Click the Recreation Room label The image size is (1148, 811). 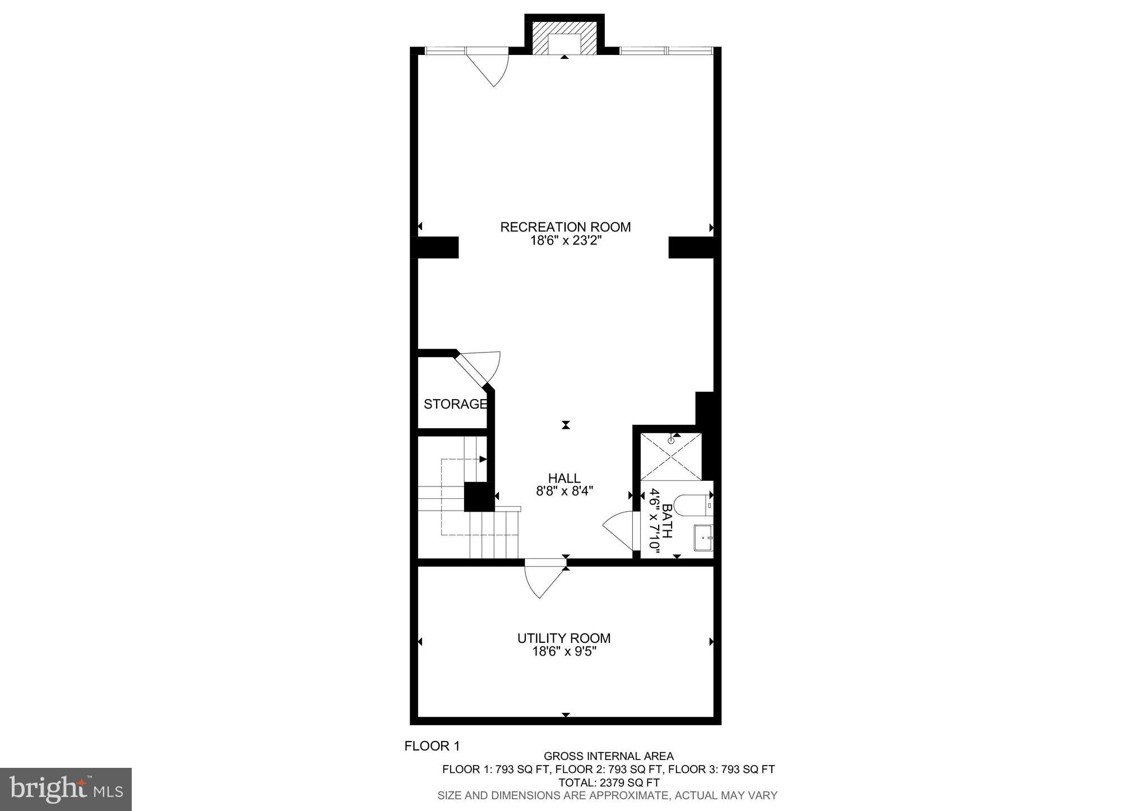(565, 227)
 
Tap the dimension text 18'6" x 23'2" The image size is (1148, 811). (565, 241)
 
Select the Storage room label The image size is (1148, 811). (455, 404)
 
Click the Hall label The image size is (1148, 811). (564, 478)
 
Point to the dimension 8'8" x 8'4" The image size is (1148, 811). (564, 492)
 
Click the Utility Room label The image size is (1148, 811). (563, 638)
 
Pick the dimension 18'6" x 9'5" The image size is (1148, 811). (563, 651)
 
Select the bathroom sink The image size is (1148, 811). (703, 537)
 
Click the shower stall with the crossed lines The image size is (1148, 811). (671, 457)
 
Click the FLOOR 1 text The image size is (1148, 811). (432, 746)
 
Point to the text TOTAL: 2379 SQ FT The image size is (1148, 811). (608, 782)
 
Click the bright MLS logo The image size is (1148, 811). (66, 789)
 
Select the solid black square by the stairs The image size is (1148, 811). (478, 497)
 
